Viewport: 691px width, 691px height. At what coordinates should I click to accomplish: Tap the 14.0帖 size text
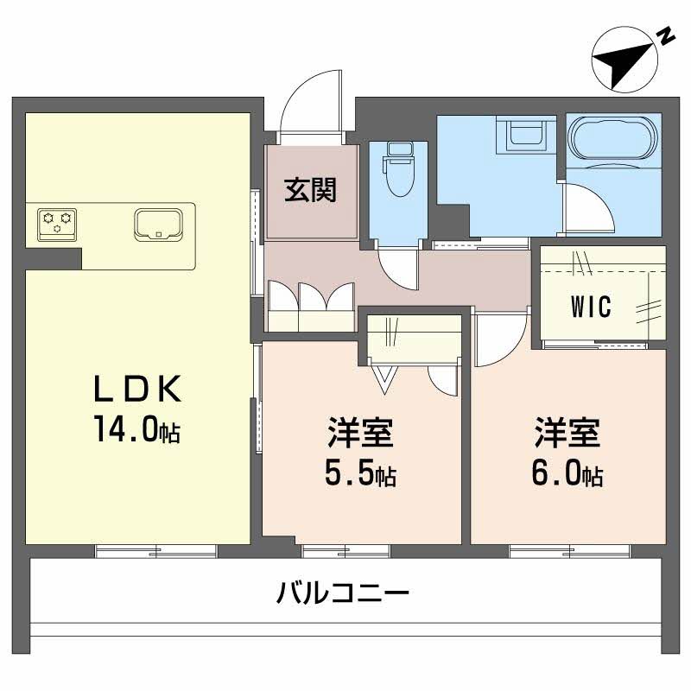coord(138,429)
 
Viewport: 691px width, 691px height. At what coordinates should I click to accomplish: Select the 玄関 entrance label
coord(311,189)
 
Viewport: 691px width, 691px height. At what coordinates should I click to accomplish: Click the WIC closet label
coord(591,307)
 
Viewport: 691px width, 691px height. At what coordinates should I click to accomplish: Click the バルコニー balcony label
coord(344,593)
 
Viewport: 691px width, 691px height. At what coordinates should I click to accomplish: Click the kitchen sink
coord(159,223)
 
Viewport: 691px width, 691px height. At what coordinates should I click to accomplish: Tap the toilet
coord(398,172)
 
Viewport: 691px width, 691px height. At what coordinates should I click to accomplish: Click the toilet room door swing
coord(400,269)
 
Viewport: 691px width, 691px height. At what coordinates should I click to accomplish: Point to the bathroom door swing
coord(583,207)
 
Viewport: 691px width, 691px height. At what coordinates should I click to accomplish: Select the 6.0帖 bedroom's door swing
coord(499,339)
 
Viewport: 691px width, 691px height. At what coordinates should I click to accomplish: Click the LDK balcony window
coord(156,550)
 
